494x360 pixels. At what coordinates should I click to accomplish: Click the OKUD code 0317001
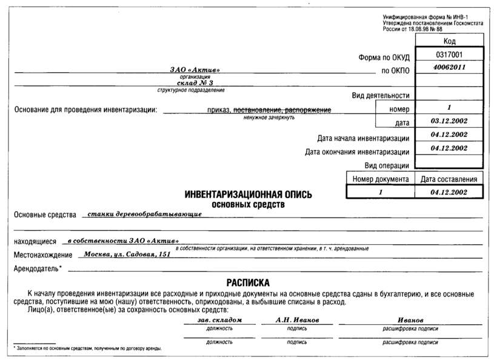click(x=449, y=55)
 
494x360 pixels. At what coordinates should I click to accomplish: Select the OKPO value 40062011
click(x=449, y=68)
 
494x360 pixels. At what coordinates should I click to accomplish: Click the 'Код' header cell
click(x=449, y=41)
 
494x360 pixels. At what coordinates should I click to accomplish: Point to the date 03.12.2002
click(x=449, y=121)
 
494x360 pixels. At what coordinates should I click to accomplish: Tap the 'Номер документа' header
click(x=379, y=179)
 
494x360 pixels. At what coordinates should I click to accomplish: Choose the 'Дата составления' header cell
click(x=449, y=179)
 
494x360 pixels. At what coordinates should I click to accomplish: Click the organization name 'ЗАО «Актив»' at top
click(x=195, y=70)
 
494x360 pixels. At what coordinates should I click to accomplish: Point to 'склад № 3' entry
click(x=195, y=83)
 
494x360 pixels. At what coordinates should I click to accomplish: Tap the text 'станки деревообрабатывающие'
click(x=144, y=214)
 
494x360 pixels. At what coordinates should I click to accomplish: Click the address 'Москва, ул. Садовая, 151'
click(x=127, y=255)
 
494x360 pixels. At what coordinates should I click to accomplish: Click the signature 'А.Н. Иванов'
click(x=297, y=319)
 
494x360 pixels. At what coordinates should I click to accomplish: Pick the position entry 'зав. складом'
click(x=219, y=319)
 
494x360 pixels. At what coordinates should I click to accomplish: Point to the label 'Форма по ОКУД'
click(x=384, y=58)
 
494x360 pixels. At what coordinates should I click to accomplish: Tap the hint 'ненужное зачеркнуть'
click(x=269, y=118)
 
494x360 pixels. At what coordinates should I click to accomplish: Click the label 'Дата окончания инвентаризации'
click(x=357, y=152)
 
